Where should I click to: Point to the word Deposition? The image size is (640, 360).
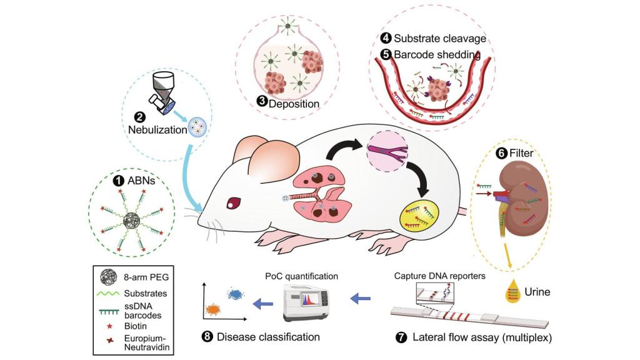pos(294,103)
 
